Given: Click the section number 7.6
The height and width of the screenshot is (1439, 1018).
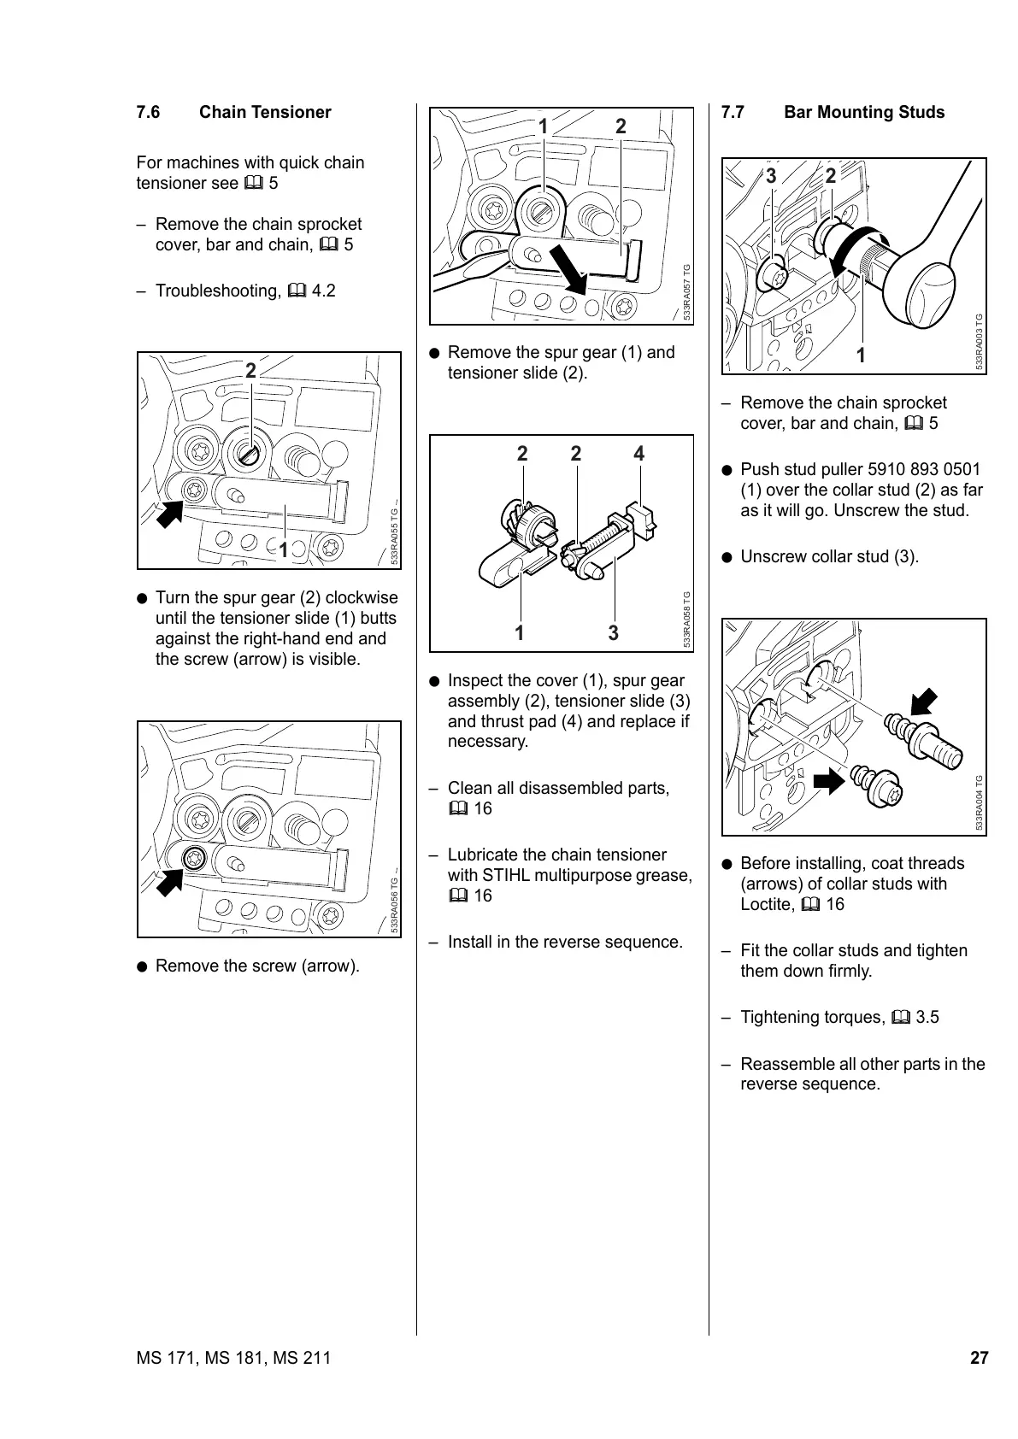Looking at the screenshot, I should [148, 113].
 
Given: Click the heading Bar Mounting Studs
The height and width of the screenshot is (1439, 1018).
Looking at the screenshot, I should [864, 113].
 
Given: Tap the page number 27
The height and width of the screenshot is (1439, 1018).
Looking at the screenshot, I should [979, 1358].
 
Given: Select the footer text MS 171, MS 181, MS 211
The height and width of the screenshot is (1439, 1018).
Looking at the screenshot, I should [233, 1358].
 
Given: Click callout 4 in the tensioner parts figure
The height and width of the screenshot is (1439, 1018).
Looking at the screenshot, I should [638, 455].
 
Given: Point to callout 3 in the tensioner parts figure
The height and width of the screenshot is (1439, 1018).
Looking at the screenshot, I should [613, 633].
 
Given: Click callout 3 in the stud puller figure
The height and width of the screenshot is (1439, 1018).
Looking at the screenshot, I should [771, 176].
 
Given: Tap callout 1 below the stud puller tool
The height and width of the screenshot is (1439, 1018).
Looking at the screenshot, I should [861, 355].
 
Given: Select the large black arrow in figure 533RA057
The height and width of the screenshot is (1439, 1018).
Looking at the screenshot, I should [568, 267].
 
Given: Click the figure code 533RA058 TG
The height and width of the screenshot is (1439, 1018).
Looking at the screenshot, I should [686, 620].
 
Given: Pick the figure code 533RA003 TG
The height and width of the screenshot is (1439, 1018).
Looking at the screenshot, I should [980, 342].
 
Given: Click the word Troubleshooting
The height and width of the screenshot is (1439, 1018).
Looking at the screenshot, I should [218, 291].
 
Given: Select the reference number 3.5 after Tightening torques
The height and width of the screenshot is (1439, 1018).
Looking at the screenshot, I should [927, 1017].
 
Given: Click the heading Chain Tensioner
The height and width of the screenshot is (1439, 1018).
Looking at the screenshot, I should [265, 113].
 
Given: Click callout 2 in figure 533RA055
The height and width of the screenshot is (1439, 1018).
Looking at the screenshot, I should [250, 371].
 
